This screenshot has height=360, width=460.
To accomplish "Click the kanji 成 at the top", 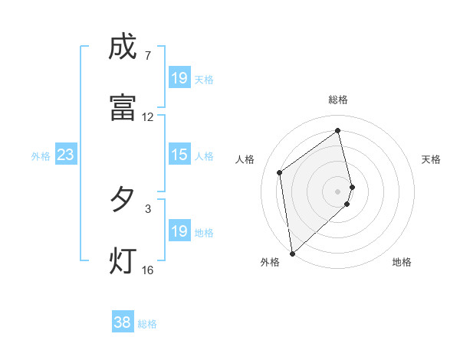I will [123, 48].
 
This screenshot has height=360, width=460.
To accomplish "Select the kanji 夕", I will [123, 200].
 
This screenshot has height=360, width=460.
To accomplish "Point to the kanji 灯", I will [123, 260].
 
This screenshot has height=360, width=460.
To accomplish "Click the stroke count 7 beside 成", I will [147, 56].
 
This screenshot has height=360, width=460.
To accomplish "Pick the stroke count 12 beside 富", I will [147, 117].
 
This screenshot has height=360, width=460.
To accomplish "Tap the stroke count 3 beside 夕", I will [147, 208].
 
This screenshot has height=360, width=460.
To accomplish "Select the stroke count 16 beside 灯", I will [147, 270].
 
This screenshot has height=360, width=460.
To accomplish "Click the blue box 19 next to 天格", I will [179, 78].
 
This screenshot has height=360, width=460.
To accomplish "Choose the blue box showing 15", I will [179, 155].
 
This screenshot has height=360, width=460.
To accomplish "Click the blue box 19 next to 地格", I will [179, 231].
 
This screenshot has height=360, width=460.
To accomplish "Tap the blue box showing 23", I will [66, 155].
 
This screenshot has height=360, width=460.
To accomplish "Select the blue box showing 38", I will [123, 322].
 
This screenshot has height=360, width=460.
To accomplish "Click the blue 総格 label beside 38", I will [147, 324].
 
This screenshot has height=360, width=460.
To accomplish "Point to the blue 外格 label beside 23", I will [41, 156].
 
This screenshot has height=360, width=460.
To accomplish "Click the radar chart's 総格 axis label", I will [338, 100].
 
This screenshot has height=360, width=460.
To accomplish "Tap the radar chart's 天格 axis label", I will [432, 159].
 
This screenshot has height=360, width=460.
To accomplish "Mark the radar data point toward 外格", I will [292, 254].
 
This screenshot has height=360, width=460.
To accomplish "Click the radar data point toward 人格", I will [280, 172].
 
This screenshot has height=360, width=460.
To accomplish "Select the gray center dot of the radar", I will [338, 191].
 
